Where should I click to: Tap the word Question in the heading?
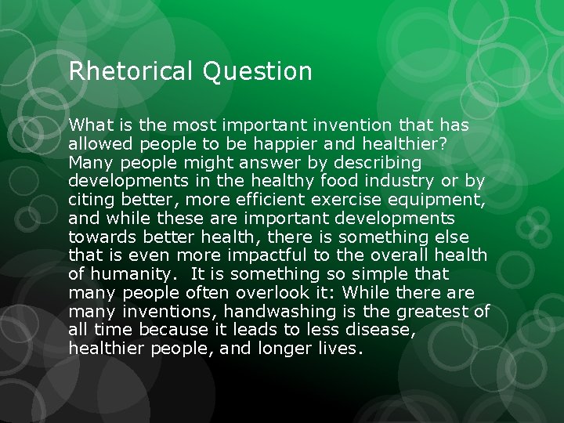point(257,72)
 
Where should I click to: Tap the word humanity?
point(123,274)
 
